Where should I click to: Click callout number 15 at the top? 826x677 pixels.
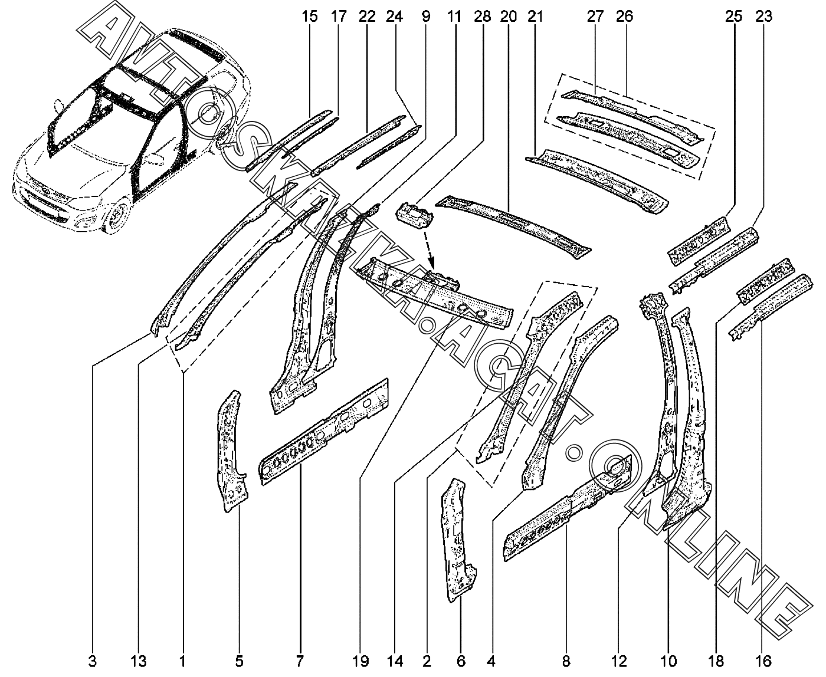[x=309, y=17]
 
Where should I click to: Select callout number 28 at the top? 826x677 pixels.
[x=481, y=17]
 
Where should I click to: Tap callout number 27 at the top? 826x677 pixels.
[x=595, y=17]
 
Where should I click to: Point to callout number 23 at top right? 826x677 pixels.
[x=763, y=17]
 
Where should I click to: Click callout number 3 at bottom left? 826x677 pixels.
[x=93, y=660]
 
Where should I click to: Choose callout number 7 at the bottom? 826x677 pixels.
[x=299, y=660]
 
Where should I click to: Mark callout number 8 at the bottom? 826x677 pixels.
[x=566, y=660]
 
